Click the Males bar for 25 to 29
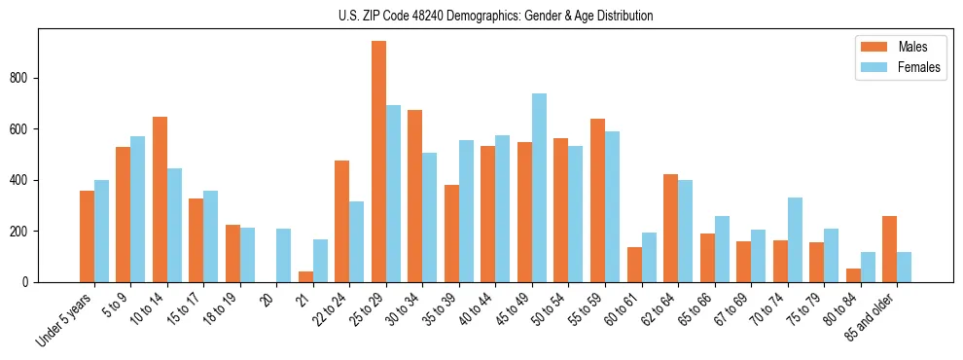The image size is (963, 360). [378, 162]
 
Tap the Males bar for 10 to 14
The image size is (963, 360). [160, 199]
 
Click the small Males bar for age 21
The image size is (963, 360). [305, 276]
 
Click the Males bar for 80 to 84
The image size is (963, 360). [853, 275]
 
